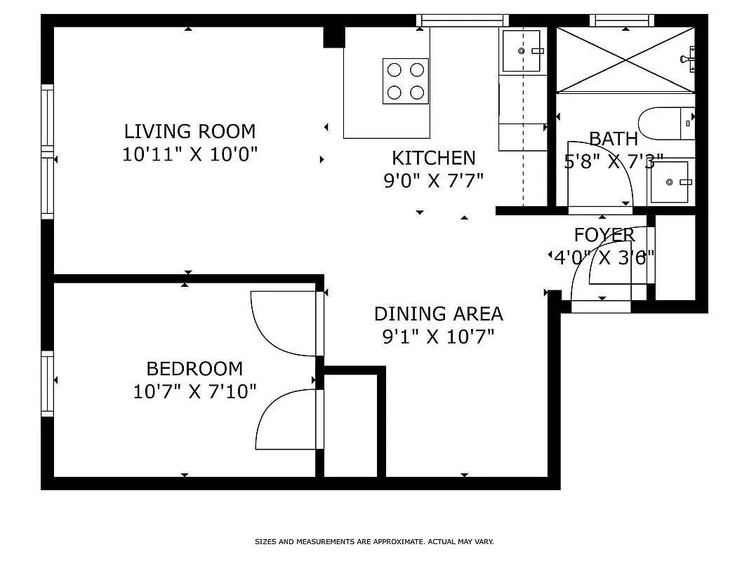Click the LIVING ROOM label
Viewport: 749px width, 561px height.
[x=190, y=131]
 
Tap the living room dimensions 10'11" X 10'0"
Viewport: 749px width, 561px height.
[x=190, y=154]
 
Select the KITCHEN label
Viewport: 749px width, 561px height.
[x=433, y=158]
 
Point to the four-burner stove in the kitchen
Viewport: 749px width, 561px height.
[x=406, y=81]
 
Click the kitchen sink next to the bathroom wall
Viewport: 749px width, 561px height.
[x=522, y=50]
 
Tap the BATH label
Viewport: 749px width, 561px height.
[x=613, y=139]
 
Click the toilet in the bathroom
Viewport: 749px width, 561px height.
[x=667, y=123]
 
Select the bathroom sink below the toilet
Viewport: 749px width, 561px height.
[x=669, y=182]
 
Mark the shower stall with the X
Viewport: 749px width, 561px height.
[x=624, y=60]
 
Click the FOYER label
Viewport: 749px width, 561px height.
[x=604, y=235]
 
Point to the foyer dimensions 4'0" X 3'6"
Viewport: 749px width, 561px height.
[x=604, y=257]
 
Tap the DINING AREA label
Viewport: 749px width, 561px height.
[x=438, y=313]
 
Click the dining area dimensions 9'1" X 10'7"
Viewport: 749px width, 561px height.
[x=438, y=337]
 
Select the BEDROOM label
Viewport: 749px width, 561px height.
[x=194, y=368]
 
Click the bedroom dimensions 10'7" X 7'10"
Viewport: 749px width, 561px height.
[x=194, y=391]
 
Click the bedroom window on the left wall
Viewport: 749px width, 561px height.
[x=48, y=383]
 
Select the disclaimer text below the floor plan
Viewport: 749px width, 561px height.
[x=374, y=541]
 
